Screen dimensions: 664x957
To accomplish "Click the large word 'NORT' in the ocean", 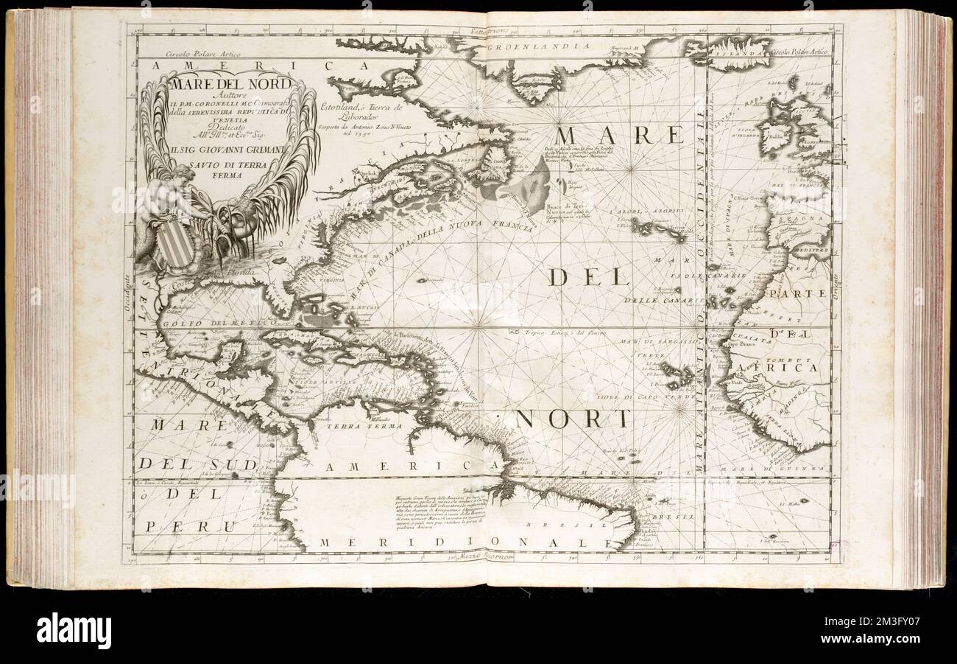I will click(x=573, y=419).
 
